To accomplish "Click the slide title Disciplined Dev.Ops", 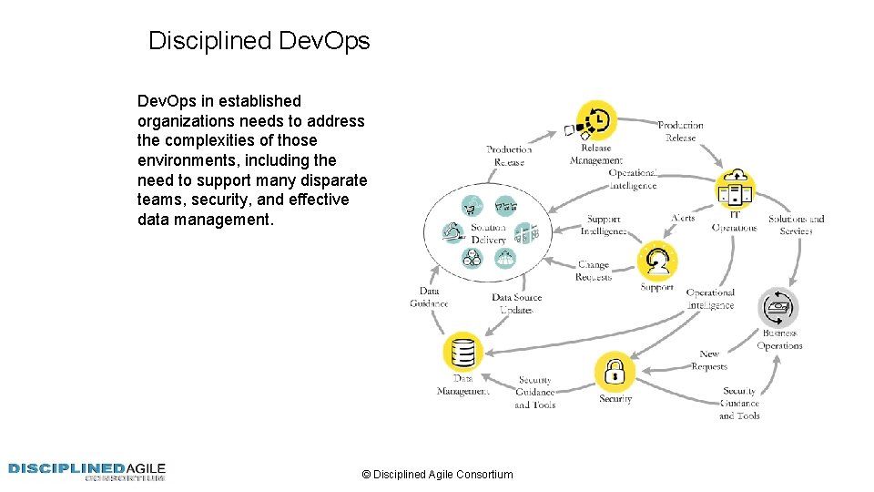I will click(x=259, y=41).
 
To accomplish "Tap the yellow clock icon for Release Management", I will click(x=598, y=120).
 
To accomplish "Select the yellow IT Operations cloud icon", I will click(x=735, y=187).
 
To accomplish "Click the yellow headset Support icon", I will click(x=656, y=261).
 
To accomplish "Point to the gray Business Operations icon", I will click(x=778, y=308).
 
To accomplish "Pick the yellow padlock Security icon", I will click(x=615, y=371).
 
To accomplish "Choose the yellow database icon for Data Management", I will click(x=462, y=352).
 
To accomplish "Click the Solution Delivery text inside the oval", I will click(x=488, y=233).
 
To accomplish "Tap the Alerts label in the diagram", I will click(x=683, y=218).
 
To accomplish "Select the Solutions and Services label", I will click(x=796, y=224).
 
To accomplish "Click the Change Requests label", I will click(x=594, y=272).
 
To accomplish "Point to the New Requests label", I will click(x=709, y=360).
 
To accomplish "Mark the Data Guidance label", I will click(x=429, y=297).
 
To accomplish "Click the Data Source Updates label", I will click(x=516, y=303).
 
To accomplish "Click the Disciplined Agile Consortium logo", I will click(x=87, y=471).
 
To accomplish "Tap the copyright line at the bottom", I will click(x=437, y=474).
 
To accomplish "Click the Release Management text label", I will click(x=595, y=154).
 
